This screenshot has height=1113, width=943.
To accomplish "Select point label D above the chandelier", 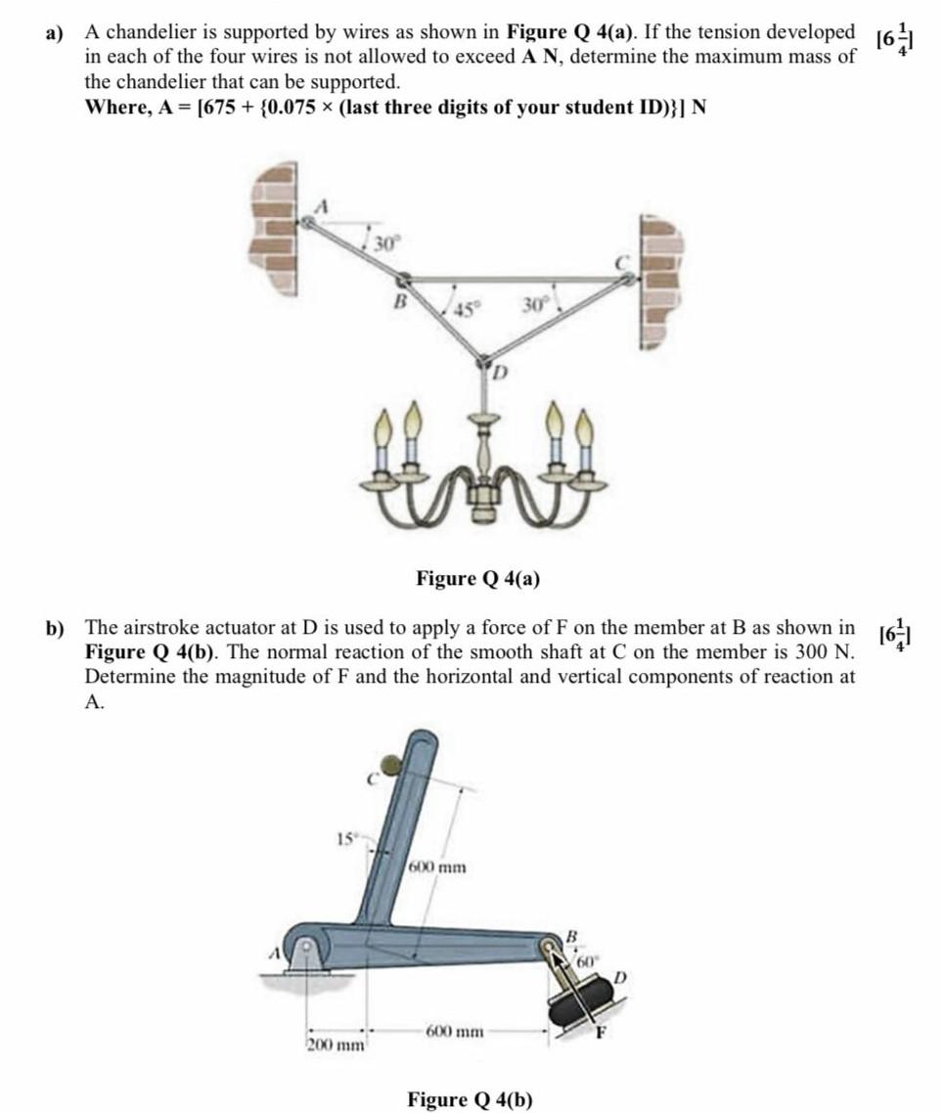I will coord(497,372).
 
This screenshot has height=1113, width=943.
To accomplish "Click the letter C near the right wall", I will coord(619,262).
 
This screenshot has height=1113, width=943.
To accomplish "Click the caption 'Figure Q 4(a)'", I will coord(477,578).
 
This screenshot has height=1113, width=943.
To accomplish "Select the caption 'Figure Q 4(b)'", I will coord(471,1098).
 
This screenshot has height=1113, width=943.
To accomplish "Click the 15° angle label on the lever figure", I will coord(345,838).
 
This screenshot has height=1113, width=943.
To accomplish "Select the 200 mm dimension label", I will coord(336,1045).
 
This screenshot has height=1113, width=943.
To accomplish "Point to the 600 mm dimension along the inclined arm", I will coord(437,867).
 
